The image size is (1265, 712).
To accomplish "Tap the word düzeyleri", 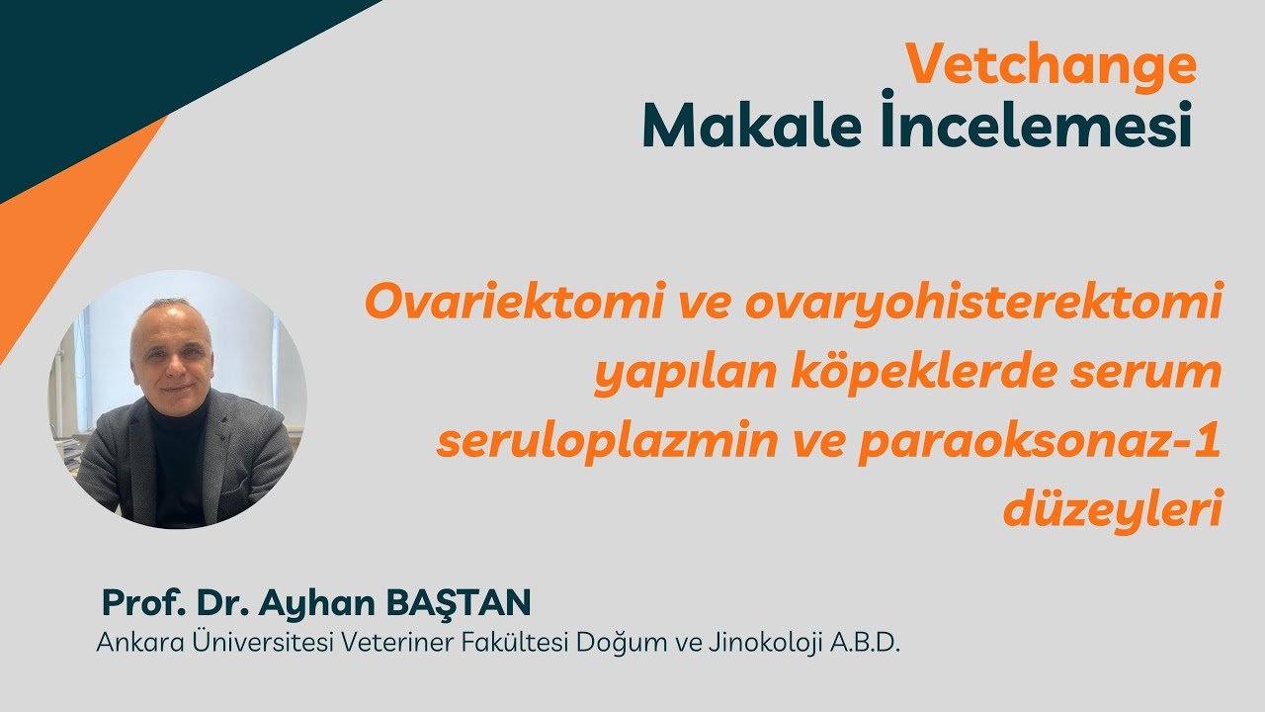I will [x=1113, y=508].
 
